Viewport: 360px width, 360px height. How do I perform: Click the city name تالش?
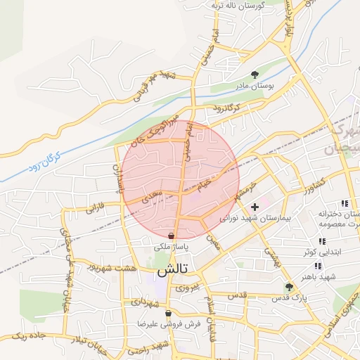pyautogui.click(x=166, y=270)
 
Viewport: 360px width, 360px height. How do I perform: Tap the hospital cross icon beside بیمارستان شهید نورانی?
pyautogui.click(x=255, y=207)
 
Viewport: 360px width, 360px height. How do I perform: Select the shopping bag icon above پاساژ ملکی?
pyautogui.click(x=172, y=236)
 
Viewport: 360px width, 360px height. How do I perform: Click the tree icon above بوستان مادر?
pyautogui.click(x=254, y=74)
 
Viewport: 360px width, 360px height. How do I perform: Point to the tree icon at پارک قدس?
pyautogui.click(x=288, y=287)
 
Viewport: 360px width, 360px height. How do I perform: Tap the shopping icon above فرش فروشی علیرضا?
pyautogui.click(x=167, y=314)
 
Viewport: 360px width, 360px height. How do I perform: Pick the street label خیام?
pyautogui.click(x=204, y=184)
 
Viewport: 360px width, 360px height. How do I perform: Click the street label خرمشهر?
pyautogui.click(x=243, y=189)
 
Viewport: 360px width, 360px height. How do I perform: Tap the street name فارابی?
pyautogui.click(x=95, y=209)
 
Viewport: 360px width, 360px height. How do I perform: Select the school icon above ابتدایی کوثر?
pyautogui.click(x=322, y=242)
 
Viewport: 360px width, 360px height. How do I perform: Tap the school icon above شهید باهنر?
pyautogui.click(x=318, y=266)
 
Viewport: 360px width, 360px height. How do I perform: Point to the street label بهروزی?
pyautogui.click(x=188, y=287)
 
